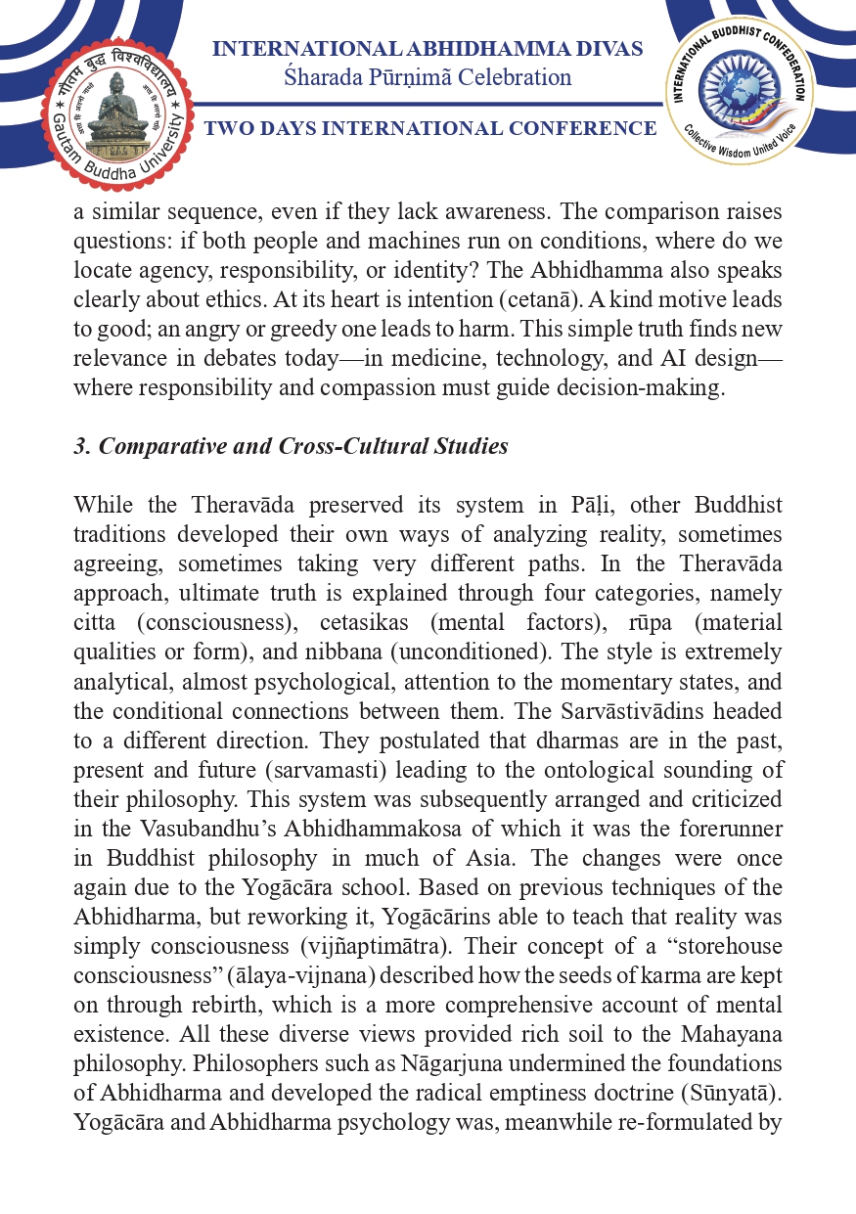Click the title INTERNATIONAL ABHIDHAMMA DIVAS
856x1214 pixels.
pyautogui.click(x=428, y=49)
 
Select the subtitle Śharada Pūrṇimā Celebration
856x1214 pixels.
pyautogui.click(x=428, y=77)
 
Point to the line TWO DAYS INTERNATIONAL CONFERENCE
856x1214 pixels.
pyautogui.click(x=430, y=129)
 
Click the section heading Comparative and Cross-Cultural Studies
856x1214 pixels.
pyautogui.click(x=292, y=446)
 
